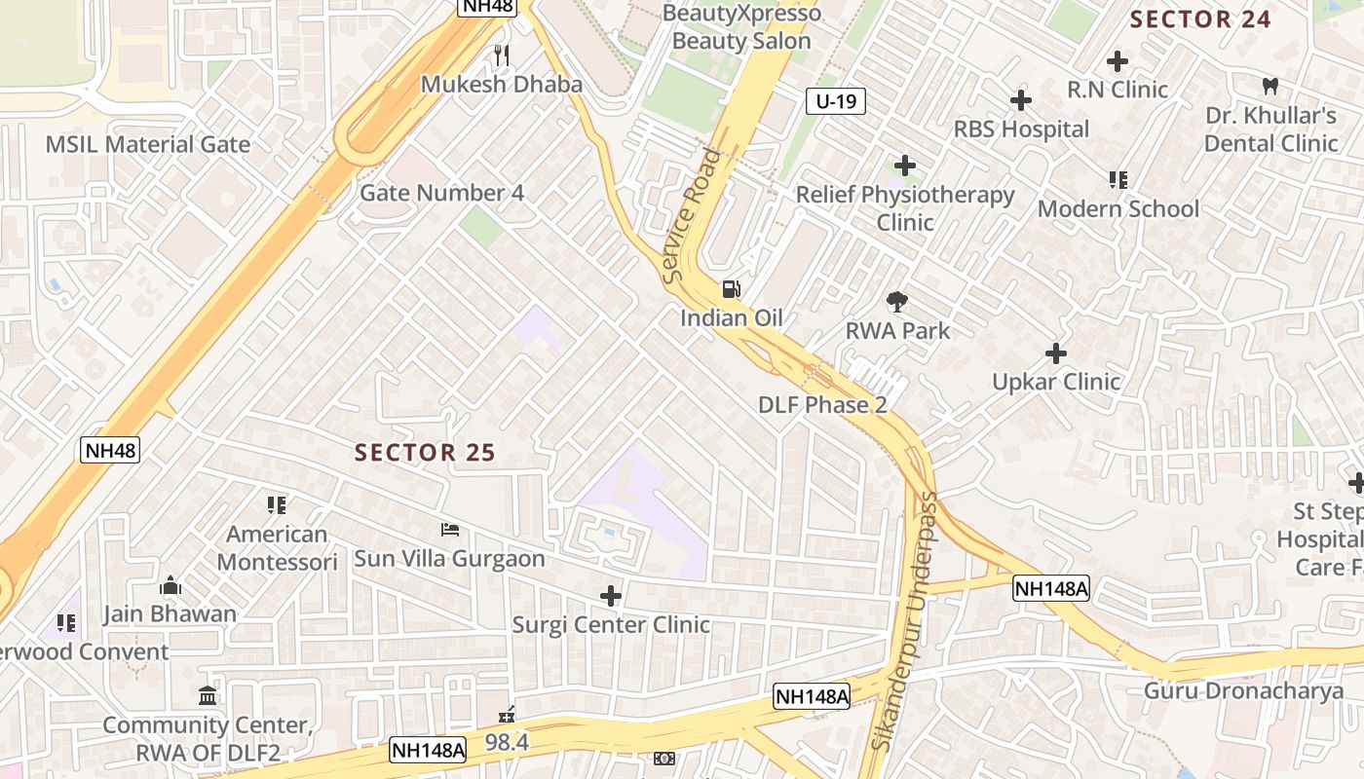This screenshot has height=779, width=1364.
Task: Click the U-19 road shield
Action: point(836,101)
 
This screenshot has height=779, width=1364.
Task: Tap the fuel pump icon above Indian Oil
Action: point(731,288)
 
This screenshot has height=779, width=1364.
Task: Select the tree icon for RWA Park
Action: point(897,302)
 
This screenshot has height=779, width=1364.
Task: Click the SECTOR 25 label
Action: point(425,453)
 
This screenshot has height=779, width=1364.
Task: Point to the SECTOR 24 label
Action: point(1200,19)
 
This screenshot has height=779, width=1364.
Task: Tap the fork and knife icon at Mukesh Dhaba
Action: point(502,55)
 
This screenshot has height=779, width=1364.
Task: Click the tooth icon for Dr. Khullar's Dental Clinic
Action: point(1270,86)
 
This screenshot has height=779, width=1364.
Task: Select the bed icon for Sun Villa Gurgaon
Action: point(450,530)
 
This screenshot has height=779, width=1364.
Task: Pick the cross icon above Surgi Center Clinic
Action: point(611,595)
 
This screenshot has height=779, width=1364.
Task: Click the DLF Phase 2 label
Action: point(822,405)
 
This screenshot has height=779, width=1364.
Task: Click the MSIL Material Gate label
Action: point(148,145)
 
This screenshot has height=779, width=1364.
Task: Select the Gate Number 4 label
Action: point(441,193)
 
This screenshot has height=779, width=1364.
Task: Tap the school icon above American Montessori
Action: point(277,504)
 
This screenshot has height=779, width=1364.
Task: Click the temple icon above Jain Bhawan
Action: point(170,585)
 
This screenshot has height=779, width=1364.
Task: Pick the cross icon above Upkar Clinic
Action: point(1055,353)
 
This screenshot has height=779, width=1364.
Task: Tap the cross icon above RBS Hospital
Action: point(1020,100)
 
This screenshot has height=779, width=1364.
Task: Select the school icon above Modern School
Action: point(1118,180)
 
